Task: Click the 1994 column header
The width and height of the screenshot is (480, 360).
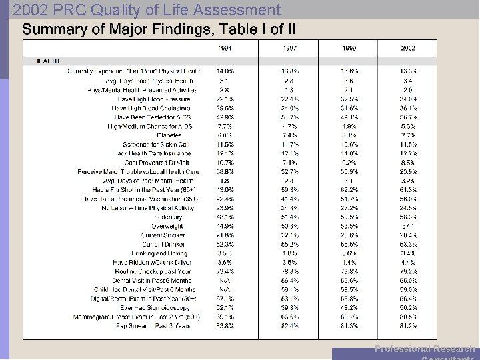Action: coord(225,47)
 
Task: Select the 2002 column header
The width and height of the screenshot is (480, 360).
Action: coord(408,47)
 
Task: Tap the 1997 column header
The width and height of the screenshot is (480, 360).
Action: coord(289,47)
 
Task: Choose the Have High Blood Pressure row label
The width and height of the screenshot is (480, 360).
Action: coord(152,99)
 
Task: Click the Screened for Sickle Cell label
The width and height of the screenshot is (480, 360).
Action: coord(156,144)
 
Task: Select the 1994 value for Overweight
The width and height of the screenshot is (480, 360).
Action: coord(225,226)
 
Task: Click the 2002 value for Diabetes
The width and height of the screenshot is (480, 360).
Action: coord(408,135)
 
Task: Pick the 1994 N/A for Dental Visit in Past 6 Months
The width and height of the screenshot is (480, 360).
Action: coord(225,281)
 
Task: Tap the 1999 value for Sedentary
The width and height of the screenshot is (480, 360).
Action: coord(349,217)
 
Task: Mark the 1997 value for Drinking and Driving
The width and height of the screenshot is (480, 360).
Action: coord(289,253)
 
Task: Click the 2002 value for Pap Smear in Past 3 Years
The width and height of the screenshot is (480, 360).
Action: coord(408,326)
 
